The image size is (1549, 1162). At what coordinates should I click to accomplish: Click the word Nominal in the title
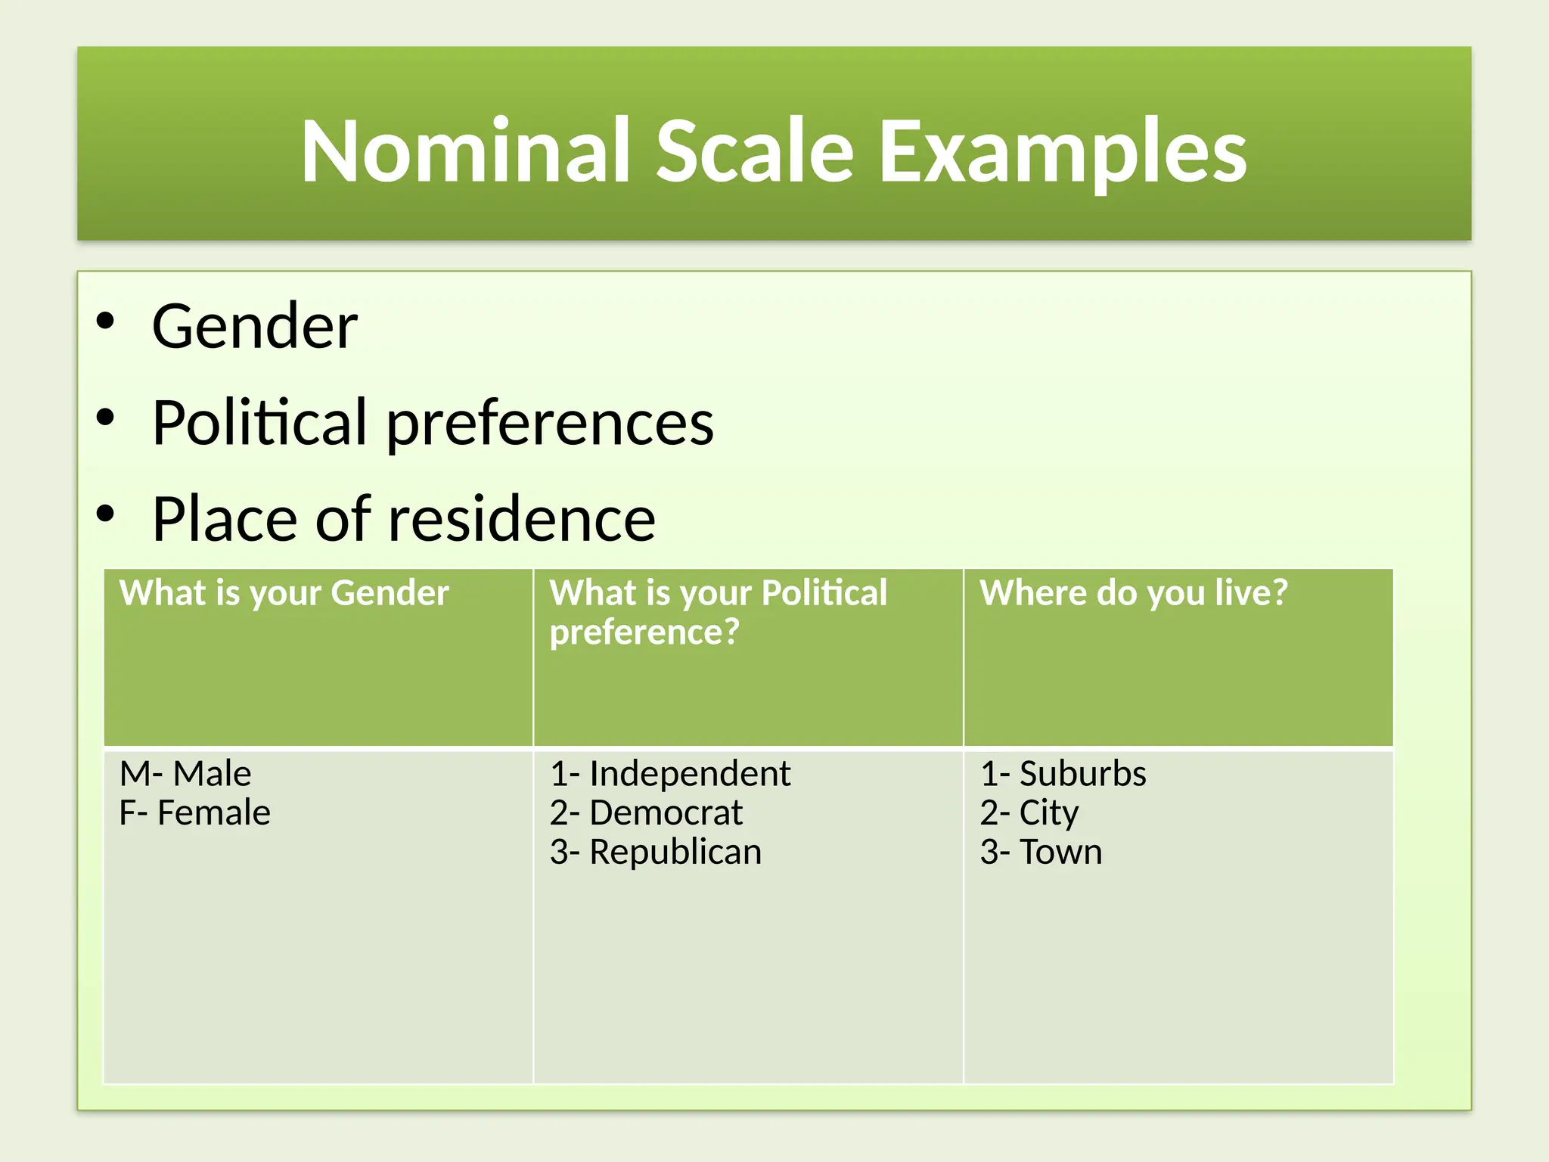point(466,151)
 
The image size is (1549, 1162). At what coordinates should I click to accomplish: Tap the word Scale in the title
point(755,151)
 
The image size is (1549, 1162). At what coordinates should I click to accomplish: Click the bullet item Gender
point(254,327)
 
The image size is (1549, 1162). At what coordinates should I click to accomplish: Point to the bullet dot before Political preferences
point(105,417)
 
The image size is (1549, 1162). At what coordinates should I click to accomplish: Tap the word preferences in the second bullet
point(550,424)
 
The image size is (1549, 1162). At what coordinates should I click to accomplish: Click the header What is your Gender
point(284,593)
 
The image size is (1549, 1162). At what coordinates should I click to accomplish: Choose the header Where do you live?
point(1133,593)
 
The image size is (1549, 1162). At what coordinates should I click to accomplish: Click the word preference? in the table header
point(644,632)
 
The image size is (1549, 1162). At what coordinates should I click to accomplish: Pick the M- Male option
point(185,774)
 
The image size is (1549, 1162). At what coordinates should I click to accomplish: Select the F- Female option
point(194,813)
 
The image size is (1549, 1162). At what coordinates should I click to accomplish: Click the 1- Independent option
point(670,774)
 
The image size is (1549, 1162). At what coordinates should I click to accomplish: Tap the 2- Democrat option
point(646,813)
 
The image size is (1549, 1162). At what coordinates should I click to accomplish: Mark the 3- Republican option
point(655,853)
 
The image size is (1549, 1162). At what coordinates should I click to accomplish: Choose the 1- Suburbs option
point(1063,774)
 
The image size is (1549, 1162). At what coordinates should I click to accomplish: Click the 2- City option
point(1029,813)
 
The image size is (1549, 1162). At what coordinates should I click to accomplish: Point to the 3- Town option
point(1041,853)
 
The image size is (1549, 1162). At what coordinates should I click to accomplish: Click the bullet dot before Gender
point(105,321)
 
